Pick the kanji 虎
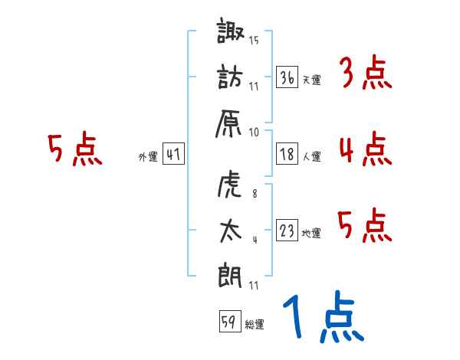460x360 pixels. [x=230, y=185]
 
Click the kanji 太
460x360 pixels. [x=230, y=231]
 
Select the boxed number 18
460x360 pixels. [x=287, y=154]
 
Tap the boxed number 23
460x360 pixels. [x=287, y=231]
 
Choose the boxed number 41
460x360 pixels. [x=173, y=155]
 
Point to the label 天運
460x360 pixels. [x=311, y=80]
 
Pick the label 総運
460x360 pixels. [x=255, y=325]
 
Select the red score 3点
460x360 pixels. [x=365, y=74]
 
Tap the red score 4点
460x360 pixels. [x=365, y=149]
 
